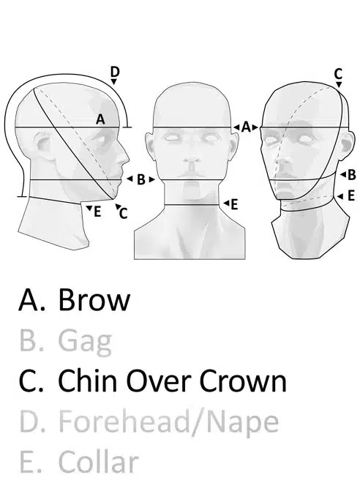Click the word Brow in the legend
[x=94, y=299]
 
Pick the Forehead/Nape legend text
[x=168, y=422]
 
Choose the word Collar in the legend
[x=99, y=462]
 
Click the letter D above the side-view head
[x=115, y=72]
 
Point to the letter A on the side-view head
[x=100, y=119]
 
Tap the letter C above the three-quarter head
[x=338, y=75]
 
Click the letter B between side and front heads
[x=141, y=179]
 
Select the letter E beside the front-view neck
[x=234, y=205]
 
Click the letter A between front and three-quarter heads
[x=246, y=127]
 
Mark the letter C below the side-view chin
[x=124, y=214]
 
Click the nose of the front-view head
[x=191, y=163]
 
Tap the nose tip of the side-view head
[x=129, y=160]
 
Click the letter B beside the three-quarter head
[x=351, y=175]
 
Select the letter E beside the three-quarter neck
[x=351, y=196]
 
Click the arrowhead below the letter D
[x=114, y=81]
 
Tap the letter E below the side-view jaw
[x=97, y=212]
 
